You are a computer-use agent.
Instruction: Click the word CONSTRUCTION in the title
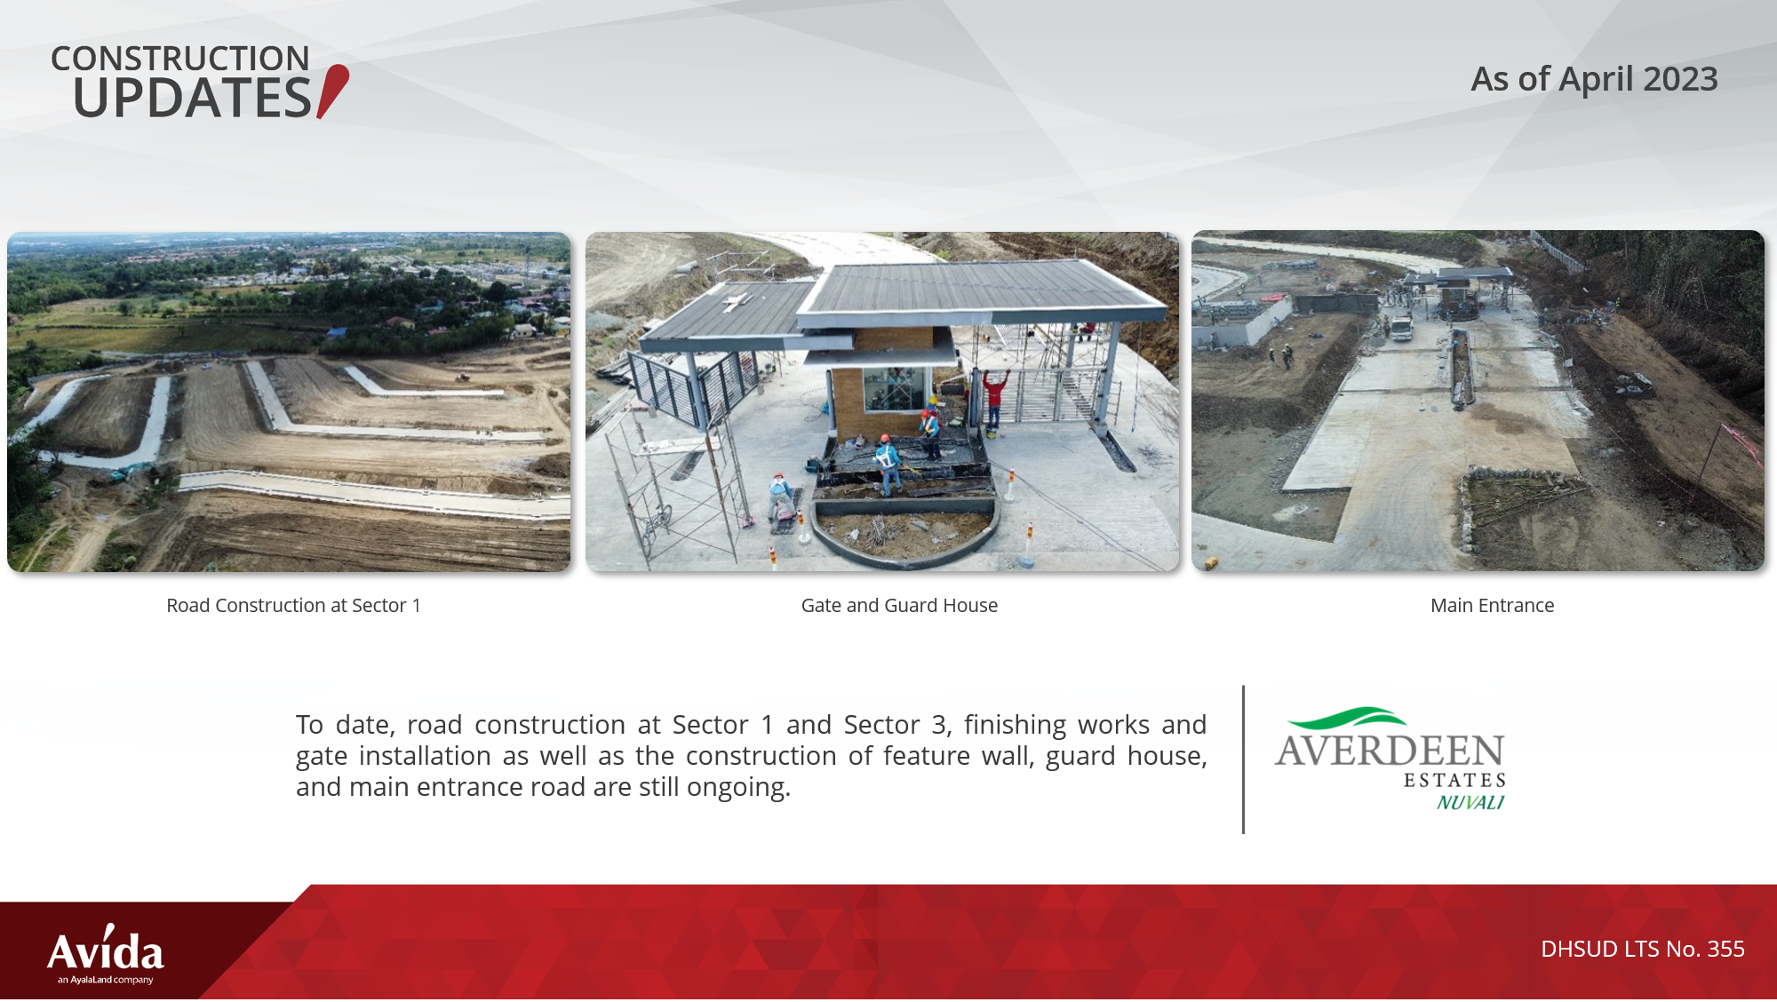(x=179, y=59)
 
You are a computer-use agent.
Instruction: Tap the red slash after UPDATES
(x=333, y=91)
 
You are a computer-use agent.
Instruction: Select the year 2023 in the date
(x=1680, y=79)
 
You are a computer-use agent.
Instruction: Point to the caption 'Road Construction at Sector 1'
(x=293, y=606)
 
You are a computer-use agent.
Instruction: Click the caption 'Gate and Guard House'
(x=899, y=606)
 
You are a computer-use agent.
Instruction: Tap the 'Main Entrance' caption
(x=1492, y=606)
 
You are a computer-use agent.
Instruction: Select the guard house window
(x=893, y=388)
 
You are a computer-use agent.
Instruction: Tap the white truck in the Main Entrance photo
(x=1400, y=327)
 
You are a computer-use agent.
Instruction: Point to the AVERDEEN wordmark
(x=1390, y=751)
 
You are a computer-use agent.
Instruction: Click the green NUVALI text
(x=1470, y=802)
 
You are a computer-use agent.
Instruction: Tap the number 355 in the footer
(x=1725, y=949)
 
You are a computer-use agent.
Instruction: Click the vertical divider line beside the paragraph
(x=1243, y=759)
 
